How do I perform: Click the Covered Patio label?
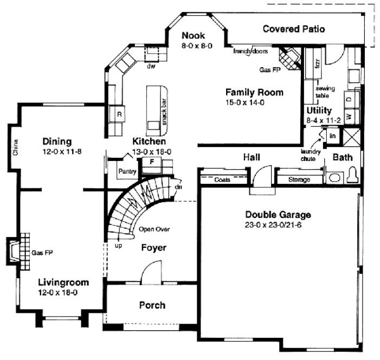click(x=294, y=29)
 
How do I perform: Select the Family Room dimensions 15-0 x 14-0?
click(x=245, y=102)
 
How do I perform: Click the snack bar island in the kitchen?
click(x=156, y=108)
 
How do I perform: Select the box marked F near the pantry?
click(x=152, y=162)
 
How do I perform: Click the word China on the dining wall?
click(x=16, y=147)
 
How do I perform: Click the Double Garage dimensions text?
click(x=273, y=224)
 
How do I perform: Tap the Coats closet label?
click(x=223, y=179)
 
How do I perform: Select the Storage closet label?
click(x=299, y=179)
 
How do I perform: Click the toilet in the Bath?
click(x=353, y=175)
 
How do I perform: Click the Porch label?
click(x=152, y=305)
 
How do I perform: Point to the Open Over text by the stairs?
click(x=154, y=229)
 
